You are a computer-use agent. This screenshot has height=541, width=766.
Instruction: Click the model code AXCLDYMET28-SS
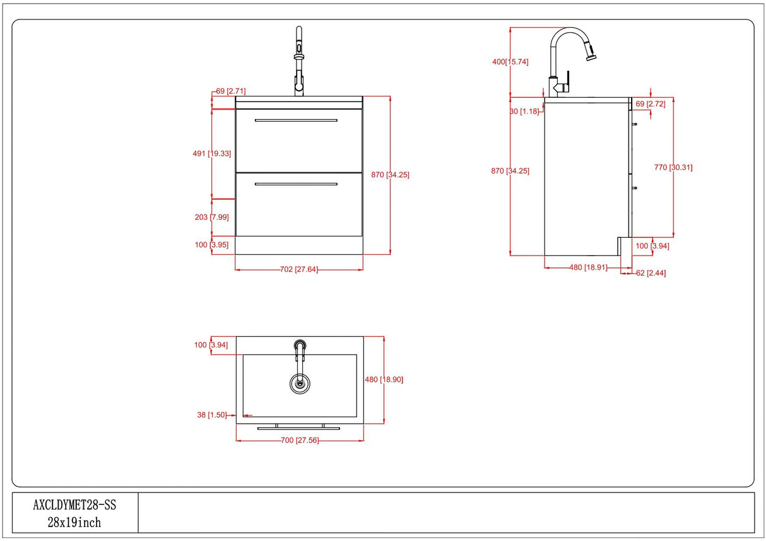click(74, 505)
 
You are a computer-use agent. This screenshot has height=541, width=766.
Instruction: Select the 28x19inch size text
click(74, 522)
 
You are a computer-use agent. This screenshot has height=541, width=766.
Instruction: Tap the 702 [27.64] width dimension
click(299, 269)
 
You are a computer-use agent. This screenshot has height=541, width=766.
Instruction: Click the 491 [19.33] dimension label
click(211, 153)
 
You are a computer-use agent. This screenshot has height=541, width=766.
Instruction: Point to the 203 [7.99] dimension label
click(211, 217)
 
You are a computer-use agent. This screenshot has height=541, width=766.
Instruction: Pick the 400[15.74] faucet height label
click(510, 62)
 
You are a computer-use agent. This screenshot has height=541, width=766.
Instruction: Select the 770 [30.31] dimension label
click(673, 167)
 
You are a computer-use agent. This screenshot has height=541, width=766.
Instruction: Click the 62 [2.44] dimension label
click(651, 273)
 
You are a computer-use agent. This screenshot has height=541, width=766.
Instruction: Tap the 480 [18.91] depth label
click(588, 267)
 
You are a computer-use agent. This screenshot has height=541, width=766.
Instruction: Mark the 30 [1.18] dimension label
click(524, 111)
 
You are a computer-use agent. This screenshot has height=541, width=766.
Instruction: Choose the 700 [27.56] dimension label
click(299, 440)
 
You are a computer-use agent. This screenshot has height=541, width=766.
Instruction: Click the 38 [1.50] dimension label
click(211, 415)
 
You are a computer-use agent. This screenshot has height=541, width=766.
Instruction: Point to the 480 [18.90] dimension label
click(384, 380)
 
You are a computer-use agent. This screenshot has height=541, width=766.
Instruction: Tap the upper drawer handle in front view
click(296, 120)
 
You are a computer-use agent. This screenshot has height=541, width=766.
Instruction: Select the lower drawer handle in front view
click(296, 184)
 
